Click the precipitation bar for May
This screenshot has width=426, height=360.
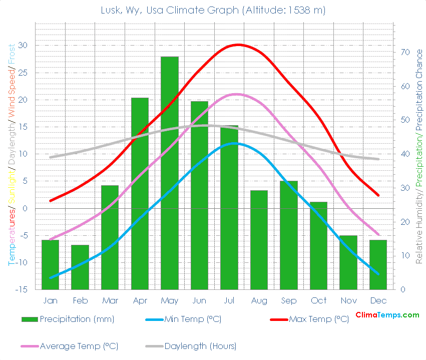[x=169, y=173]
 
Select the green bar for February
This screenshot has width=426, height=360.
[x=80, y=267]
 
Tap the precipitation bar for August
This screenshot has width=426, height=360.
[x=259, y=240]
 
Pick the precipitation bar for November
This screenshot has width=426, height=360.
[x=348, y=262]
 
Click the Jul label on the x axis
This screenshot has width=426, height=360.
[x=229, y=300]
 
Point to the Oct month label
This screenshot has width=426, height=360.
[x=318, y=300]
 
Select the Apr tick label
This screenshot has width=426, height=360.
[x=140, y=300]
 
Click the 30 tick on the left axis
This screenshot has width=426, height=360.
[x=23, y=46]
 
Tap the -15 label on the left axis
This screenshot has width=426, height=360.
[x=22, y=289]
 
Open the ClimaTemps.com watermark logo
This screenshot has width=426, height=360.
[x=387, y=315]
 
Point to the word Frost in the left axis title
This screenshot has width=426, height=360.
[x=11, y=56]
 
